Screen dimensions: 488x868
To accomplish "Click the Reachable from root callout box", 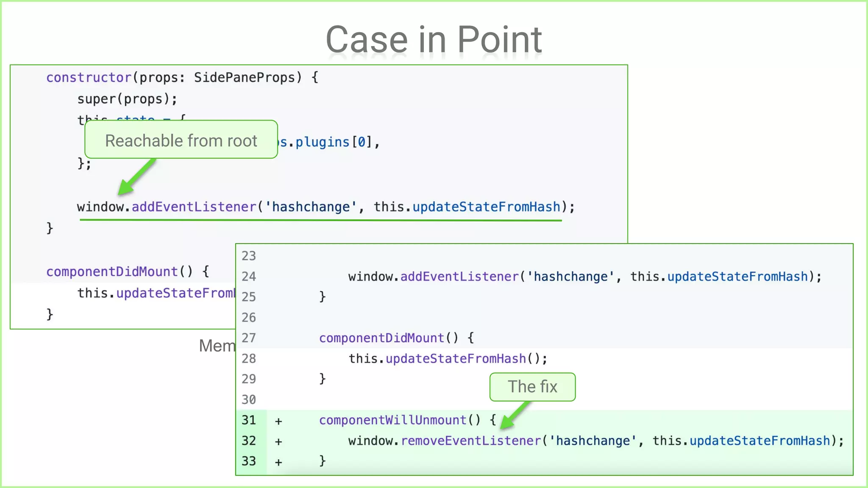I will (x=181, y=140).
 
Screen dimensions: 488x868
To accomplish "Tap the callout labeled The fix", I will (x=532, y=387).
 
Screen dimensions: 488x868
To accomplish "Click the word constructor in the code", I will (x=89, y=78).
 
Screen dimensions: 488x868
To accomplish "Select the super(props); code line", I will (x=127, y=99).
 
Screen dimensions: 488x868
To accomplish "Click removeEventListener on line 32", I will (x=471, y=441).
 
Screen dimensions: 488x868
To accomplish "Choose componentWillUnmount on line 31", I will (x=392, y=420).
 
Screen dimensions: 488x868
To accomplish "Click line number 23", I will (x=249, y=256).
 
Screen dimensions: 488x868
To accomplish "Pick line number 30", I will (x=249, y=399).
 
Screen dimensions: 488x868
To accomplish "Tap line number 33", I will (x=249, y=461).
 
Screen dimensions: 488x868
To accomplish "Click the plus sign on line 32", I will (x=278, y=441).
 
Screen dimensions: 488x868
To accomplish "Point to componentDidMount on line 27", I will (x=381, y=338).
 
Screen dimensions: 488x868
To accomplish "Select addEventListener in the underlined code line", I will (x=194, y=207).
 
